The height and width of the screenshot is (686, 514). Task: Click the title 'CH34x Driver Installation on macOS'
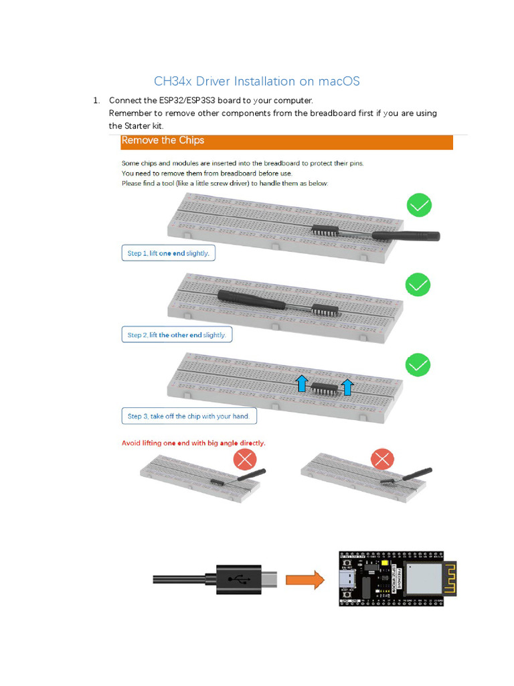tap(256, 81)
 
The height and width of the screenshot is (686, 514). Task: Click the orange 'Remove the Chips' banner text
tap(163, 141)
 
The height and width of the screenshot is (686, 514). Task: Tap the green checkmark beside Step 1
tap(418, 206)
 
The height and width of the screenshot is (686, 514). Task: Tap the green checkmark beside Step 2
tap(418, 285)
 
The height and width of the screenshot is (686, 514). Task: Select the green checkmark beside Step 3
tap(418, 365)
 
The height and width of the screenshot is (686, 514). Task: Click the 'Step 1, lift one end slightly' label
tap(169, 253)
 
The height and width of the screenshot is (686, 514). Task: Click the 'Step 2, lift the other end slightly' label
tap(177, 335)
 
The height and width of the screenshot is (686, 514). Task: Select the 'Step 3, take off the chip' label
tap(188, 416)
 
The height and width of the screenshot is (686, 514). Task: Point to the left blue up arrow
tap(302, 383)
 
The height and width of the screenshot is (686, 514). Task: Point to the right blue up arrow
tap(347, 385)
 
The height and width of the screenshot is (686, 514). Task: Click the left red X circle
tap(244, 460)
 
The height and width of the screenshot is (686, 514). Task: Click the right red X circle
tap(382, 460)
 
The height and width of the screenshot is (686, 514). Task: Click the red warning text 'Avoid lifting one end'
tap(193, 443)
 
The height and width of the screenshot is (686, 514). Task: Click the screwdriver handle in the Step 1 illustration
tap(406, 235)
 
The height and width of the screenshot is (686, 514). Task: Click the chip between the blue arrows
tap(325, 389)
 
